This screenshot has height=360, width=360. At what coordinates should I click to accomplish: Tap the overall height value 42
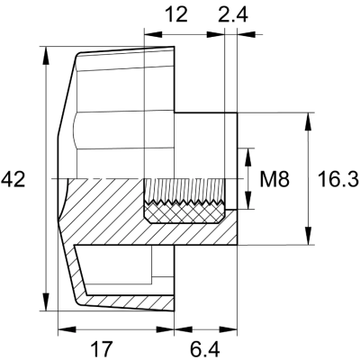click(x=13, y=179)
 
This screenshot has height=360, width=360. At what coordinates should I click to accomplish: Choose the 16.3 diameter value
click(x=338, y=179)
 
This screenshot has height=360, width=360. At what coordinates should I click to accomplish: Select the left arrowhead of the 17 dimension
click(x=62, y=328)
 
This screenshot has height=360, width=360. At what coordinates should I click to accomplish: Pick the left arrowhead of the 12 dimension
click(x=149, y=35)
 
